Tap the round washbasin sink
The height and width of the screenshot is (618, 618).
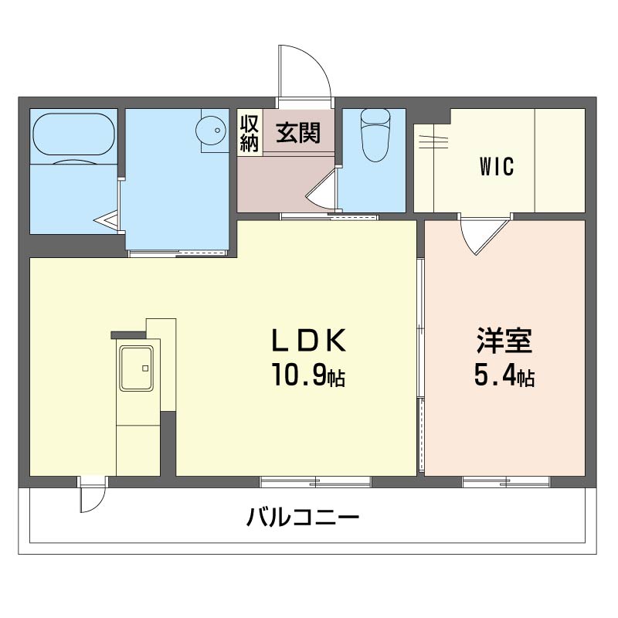(210, 130)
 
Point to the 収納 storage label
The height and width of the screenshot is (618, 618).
(249, 133)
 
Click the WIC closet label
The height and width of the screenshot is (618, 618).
(497, 167)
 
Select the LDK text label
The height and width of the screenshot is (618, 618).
(307, 341)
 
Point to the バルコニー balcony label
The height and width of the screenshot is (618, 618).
(303, 516)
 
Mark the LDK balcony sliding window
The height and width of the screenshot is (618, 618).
(316, 482)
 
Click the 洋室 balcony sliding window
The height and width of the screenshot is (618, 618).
(506, 482)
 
